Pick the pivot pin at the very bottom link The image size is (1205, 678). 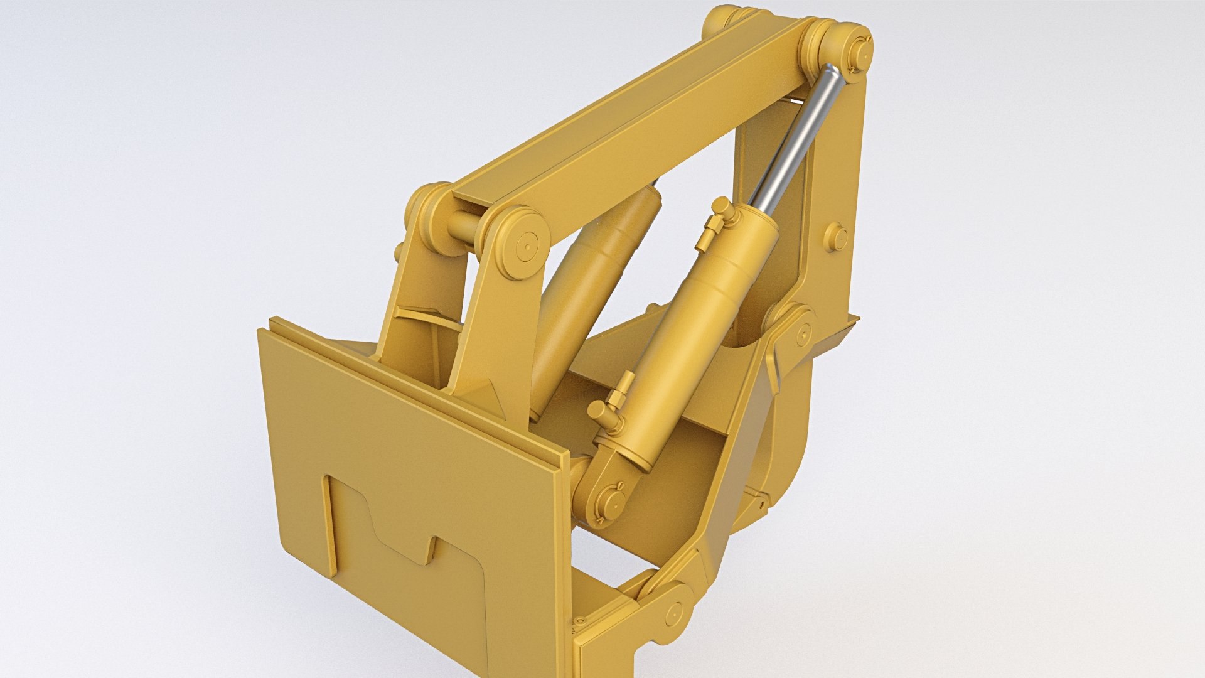(x=674, y=612)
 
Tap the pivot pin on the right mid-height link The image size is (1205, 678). (x=804, y=333)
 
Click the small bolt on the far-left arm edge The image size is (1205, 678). (x=397, y=252)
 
